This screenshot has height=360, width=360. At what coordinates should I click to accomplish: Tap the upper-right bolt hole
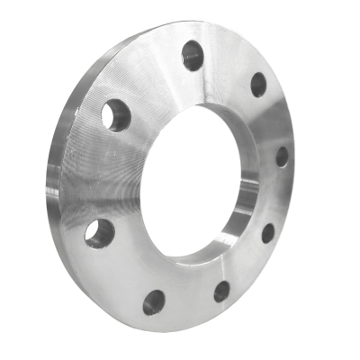coord(257,85)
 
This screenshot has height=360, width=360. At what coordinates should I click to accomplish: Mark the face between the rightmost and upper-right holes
coord(274,119)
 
